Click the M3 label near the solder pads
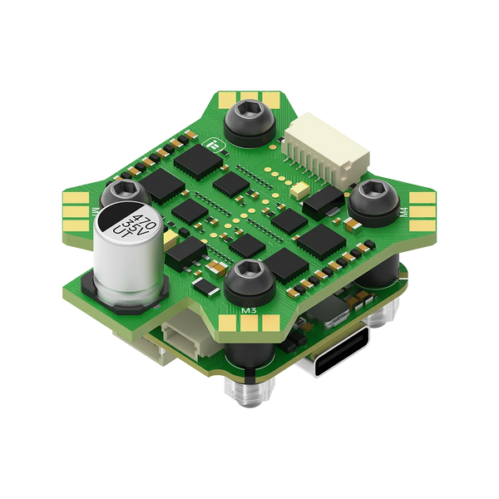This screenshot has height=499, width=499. [248, 311]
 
